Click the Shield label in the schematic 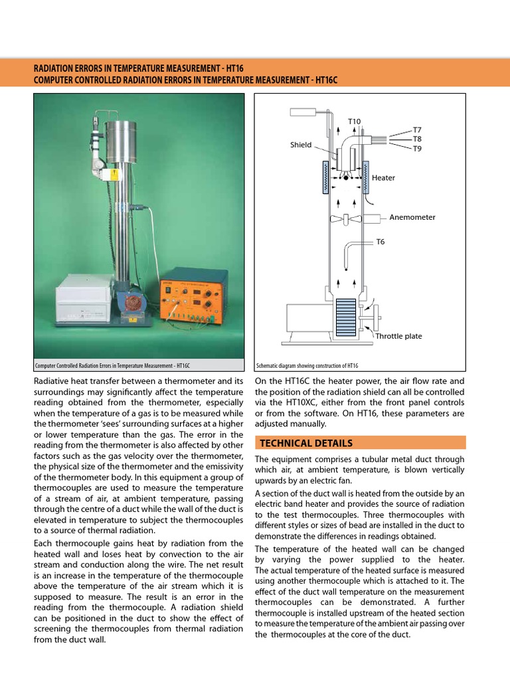click(x=301, y=145)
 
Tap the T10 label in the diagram click(x=355, y=122)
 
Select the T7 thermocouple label click(x=417, y=129)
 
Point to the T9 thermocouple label click(x=417, y=148)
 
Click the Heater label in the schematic click(x=383, y=178)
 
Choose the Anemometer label click(x=412, y=217)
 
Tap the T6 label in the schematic click(x=381, y=242)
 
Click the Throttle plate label click(x=398, y=336)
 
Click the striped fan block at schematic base click(x=345, y=318)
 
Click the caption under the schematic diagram click(x=307, y=366)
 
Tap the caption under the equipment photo click(x=113, y=366)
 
